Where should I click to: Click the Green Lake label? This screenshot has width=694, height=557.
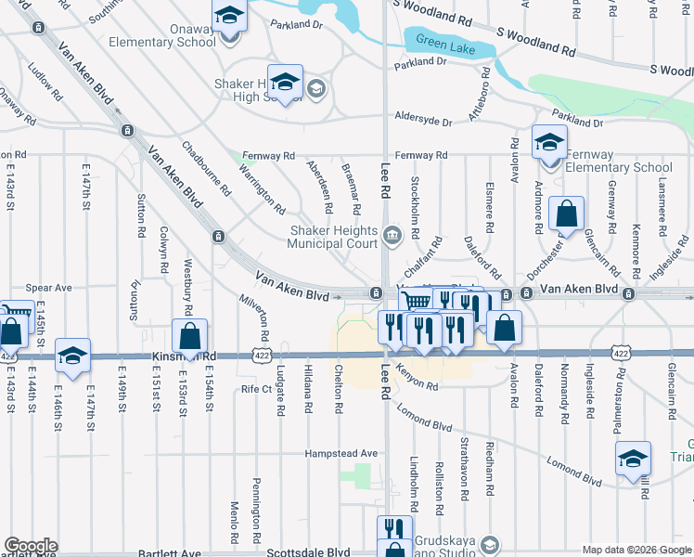pos(444,45)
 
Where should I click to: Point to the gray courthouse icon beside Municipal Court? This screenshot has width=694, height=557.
pos(392,233)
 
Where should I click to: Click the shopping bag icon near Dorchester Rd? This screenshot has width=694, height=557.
pos(565,214)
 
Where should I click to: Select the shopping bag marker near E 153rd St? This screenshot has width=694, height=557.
pos(189,337)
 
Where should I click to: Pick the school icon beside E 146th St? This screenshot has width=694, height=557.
pos(72,356)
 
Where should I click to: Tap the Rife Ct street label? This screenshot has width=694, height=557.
pos(255,389)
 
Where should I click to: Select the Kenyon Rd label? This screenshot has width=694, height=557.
pos(417,379)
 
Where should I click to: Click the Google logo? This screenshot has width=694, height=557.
pos(31,546)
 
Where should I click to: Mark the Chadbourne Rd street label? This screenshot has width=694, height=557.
pos(206,168)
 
